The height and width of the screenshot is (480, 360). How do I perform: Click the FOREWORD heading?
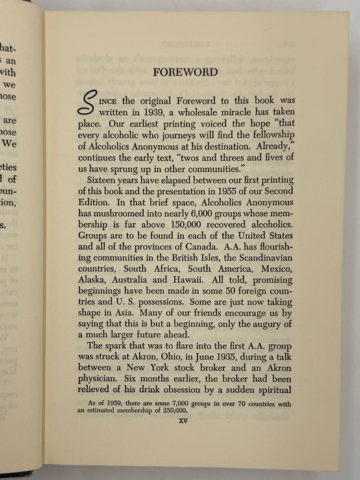click(x=185, y=72)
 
